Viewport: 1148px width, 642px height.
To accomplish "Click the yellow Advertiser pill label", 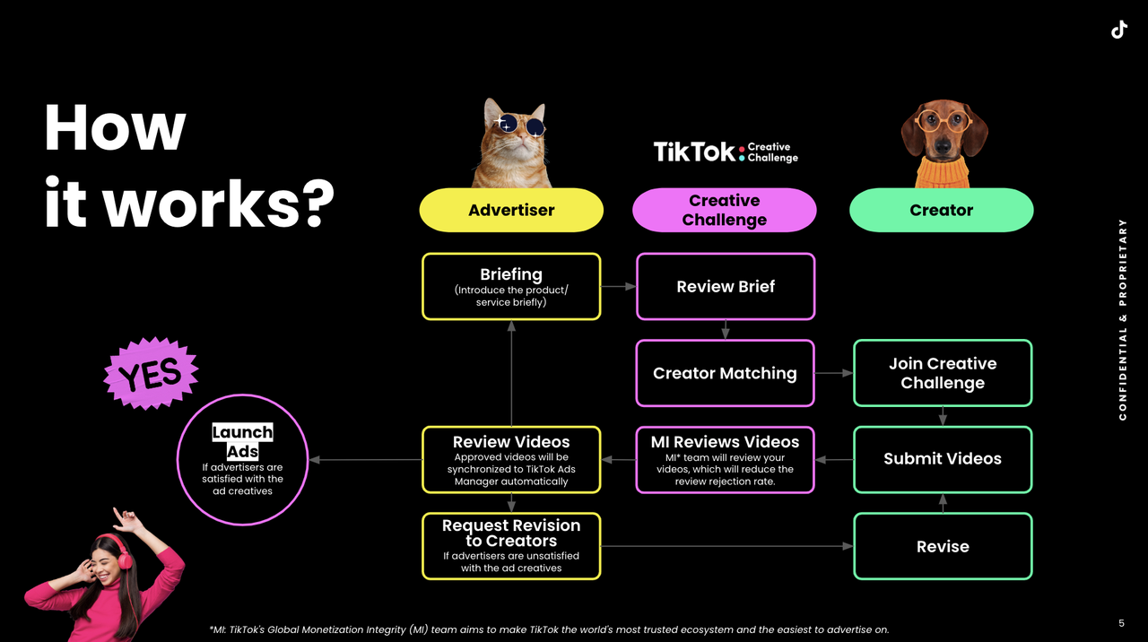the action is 511,210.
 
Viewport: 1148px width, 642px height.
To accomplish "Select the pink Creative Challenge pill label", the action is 724,210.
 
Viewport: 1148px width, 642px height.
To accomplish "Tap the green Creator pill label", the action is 942,210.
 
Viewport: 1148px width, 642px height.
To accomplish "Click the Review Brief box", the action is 726,286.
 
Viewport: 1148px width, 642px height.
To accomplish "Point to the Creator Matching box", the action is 726,373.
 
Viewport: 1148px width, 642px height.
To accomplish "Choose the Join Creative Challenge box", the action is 943,373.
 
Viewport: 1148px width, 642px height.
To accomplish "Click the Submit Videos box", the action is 943,460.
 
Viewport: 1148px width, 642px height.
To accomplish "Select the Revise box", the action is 943,546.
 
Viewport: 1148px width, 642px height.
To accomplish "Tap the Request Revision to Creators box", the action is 511,546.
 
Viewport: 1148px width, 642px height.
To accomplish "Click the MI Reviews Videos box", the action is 726,460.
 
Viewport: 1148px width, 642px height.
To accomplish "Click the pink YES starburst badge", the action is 151,373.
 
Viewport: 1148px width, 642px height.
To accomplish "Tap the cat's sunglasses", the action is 519,124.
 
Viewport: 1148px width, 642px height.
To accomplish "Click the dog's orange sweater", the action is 942,172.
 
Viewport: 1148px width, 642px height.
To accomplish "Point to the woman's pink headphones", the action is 122,551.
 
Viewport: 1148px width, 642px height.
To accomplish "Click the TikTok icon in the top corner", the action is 1119,30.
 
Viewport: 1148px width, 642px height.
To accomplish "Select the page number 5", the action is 1121,623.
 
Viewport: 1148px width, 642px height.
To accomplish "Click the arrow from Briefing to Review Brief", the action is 618,286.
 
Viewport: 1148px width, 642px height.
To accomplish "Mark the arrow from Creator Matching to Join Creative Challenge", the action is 834,373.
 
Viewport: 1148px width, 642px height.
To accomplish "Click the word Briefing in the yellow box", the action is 511,274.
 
